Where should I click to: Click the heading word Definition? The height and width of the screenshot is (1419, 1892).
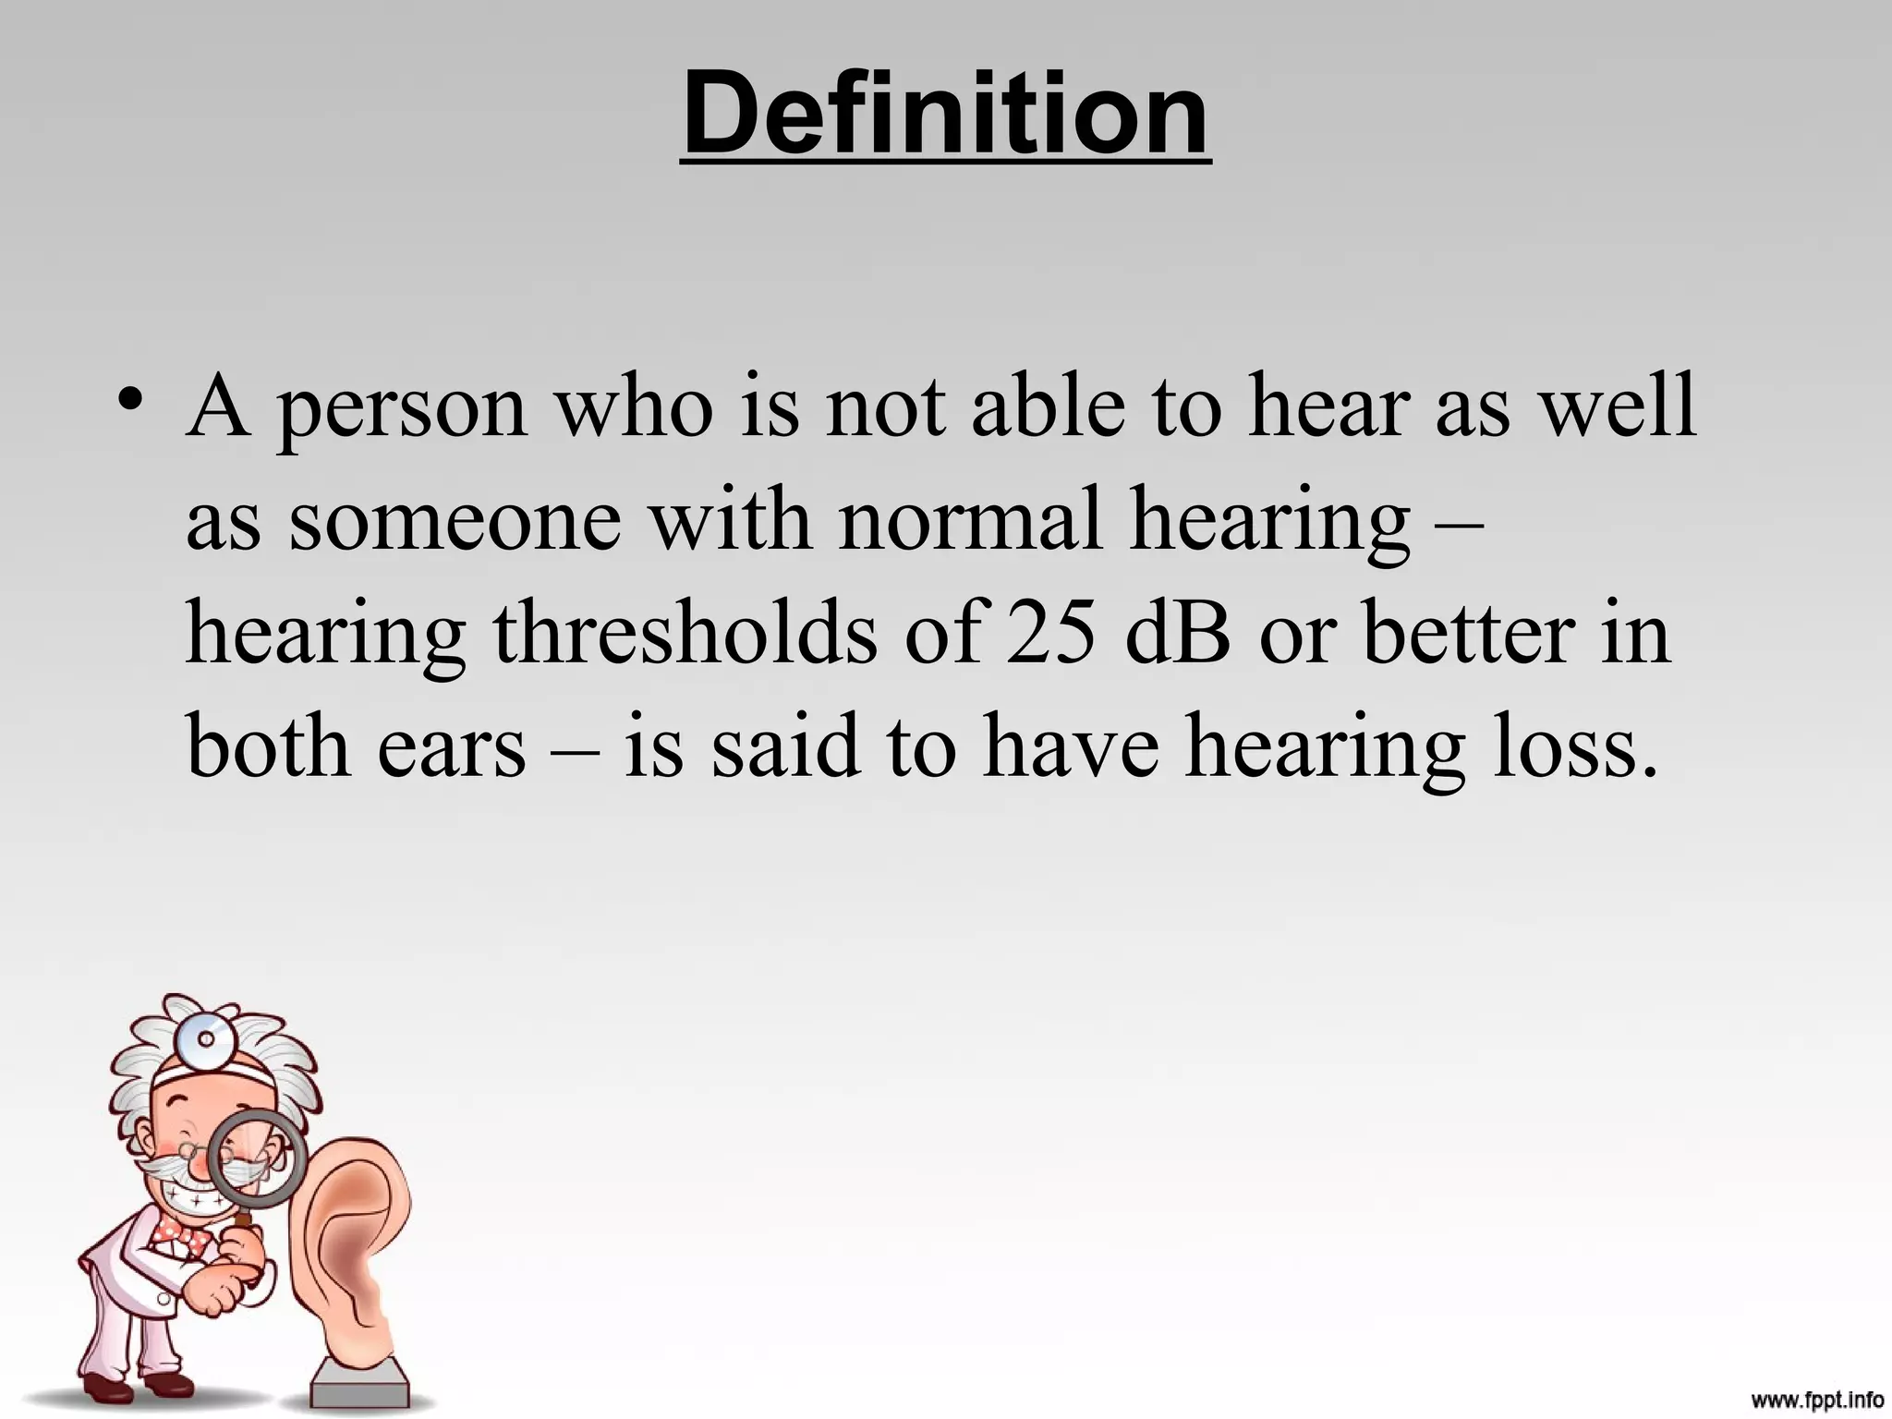point(945,115)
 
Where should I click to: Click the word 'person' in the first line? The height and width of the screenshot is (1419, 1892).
point(404,407)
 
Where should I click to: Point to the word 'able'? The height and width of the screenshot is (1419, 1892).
point(1048,407)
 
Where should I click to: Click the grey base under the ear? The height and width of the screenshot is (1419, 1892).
point(360,1385)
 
